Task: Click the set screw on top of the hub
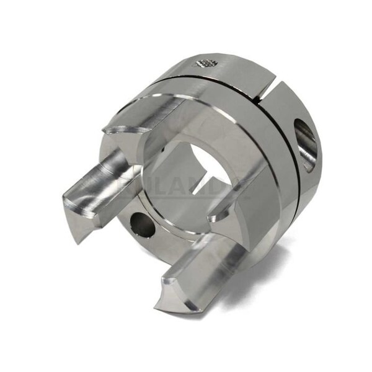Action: click(206, 62)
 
